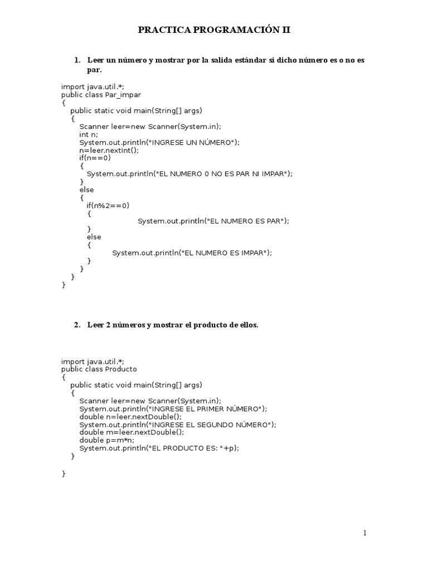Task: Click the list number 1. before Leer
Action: [x=77, y=60]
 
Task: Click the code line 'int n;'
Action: [x=89, y=134]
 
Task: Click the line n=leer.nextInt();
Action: [x=109, y=150]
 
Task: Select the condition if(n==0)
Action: [x=95, y=158]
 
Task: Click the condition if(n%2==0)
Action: [x=108, y=205]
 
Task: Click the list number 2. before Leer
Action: [x=77, y=325]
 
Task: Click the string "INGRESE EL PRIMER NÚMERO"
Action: [x=204, y=409]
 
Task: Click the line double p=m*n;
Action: [x=107, y=440]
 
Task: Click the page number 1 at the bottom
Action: [x=365, y=533]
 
